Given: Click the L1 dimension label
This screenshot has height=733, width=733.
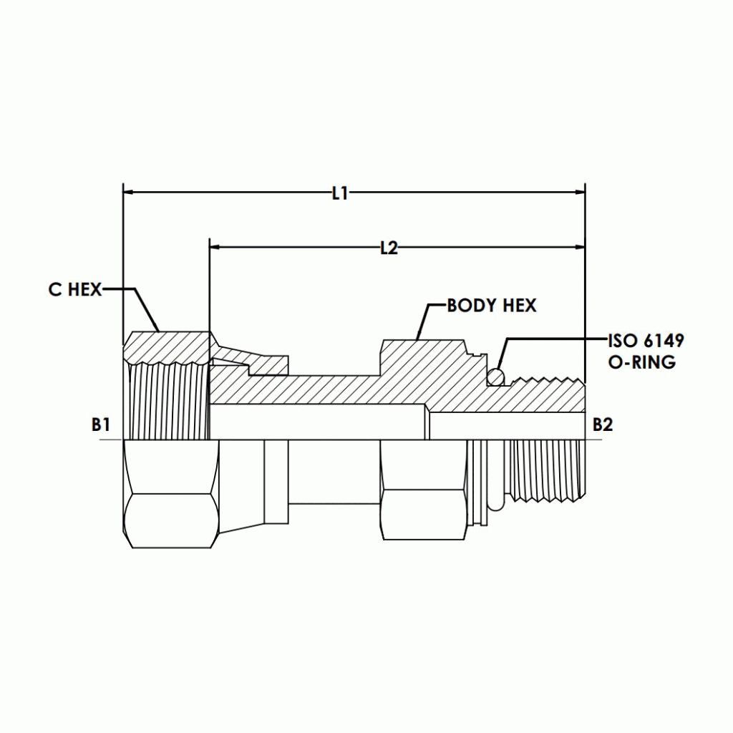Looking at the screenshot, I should [339, 193].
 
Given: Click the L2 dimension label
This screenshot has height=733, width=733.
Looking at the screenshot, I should [389, 248].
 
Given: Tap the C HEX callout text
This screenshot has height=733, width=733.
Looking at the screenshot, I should [75, 289].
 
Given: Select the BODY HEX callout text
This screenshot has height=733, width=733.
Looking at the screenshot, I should [492, 306].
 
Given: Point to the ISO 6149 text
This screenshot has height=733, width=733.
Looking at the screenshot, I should [646, 341].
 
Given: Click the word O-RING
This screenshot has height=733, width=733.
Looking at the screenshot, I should [641, 362].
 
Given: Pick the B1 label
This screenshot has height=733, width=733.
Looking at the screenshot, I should [101, 424].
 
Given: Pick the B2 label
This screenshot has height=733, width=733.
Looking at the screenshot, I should [603, 424].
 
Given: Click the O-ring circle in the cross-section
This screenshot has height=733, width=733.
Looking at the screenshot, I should [495, 376].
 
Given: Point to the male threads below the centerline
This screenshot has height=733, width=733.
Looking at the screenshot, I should [548, 469].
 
